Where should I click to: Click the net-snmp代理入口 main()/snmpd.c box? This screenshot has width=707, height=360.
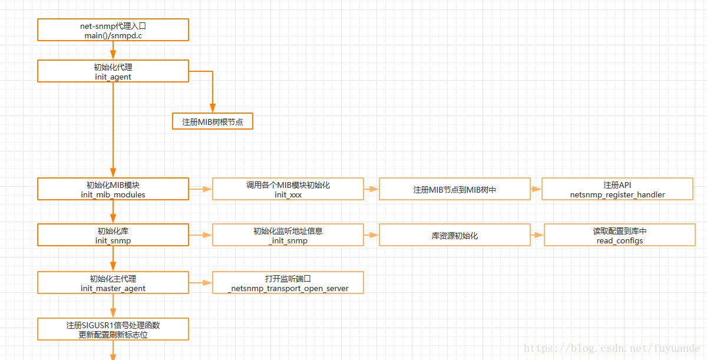(x=113, y=29)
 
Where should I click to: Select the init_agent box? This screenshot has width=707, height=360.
(x=113, y=71)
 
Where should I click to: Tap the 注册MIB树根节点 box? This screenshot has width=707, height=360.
(x=213, y=121)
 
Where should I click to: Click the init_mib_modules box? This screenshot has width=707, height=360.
(x=113, y=189)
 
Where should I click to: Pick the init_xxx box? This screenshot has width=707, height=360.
(x=288, y=189)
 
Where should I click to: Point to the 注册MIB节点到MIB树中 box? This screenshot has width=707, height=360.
(x=455, y=189)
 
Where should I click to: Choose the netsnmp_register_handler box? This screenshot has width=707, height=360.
(x=617, y=189)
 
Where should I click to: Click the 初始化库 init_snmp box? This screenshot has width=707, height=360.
(x=113, y=235)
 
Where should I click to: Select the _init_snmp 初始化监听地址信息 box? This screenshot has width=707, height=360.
(x=288, y=235)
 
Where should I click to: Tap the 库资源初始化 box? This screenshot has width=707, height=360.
(x=455, y=235)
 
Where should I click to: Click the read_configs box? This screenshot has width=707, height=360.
(x=620, y=235)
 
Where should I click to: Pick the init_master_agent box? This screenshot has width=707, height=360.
(x=113, y=282)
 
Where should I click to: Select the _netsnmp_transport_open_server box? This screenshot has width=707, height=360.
(x=288, y=282)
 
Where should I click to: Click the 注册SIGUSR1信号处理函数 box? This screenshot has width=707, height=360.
(x=113, y=329)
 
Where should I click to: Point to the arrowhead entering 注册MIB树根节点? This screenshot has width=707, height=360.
(x=213, y=108)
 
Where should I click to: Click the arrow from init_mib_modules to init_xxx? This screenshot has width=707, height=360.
(x=201, y=189)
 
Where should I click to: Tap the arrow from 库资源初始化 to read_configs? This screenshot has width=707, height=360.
(x=537, y=235)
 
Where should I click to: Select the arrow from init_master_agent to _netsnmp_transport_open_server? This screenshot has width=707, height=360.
(x=201, y=283)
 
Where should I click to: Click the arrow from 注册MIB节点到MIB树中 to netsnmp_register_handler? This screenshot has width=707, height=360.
(x=536, y=189)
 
